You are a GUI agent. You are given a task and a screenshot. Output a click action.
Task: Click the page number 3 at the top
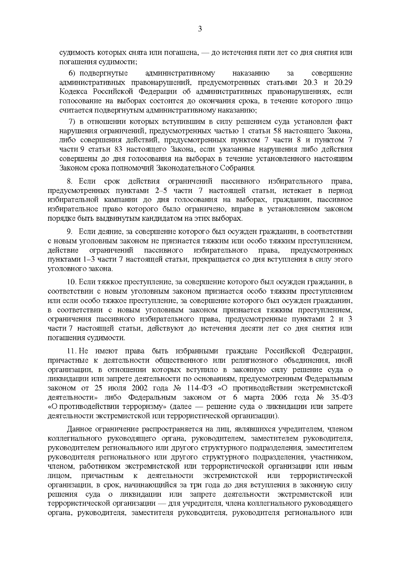pyautogui.click(x=200, y=29)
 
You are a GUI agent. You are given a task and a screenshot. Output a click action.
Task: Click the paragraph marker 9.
pyautogui.click(x=70, y=231)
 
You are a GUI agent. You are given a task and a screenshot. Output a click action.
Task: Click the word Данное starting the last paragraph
pyautogui.click(x=79, y=429)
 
